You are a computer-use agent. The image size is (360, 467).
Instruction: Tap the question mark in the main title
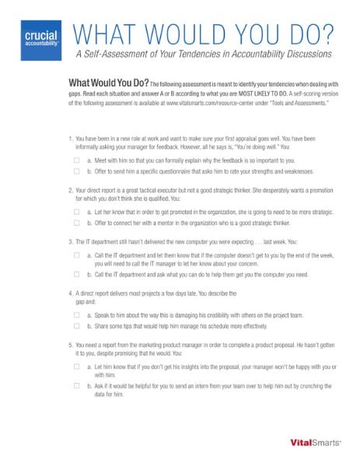(330, 33)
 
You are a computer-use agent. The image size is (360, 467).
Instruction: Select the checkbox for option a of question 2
(77, 211)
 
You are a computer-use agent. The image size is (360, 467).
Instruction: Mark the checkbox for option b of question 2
(77, 223)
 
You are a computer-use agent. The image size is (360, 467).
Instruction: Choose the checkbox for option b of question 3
(77, 274)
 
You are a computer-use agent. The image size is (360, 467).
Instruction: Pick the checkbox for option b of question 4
(77, 327)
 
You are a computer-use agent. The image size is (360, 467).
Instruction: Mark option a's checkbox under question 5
(77, 365)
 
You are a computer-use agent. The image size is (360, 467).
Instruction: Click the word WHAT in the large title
(103, 34)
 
